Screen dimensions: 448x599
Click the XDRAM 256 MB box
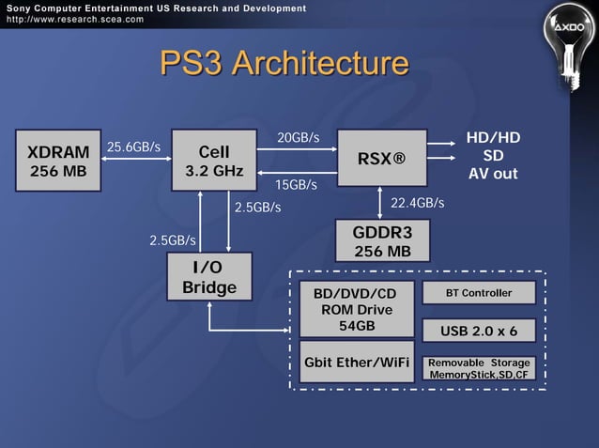click(58, 162)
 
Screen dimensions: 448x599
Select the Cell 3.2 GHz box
click(214, 161)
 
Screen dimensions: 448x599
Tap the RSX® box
click(381, 158)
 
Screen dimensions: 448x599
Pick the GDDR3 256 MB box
click(382, 241)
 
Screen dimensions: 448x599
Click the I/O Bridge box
click(208, 278)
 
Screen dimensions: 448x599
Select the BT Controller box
click(479, 293)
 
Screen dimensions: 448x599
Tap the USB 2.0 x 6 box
click(479, 331)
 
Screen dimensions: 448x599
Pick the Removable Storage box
click(479, 368)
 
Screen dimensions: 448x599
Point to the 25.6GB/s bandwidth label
click(133, 147)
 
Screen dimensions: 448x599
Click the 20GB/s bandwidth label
click(299, 138)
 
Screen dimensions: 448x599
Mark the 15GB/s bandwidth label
click(296, 185)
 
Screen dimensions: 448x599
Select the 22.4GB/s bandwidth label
click(417, 203)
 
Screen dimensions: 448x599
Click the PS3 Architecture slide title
click(284, 64)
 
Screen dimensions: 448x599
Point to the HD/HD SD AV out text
click(493, 156)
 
